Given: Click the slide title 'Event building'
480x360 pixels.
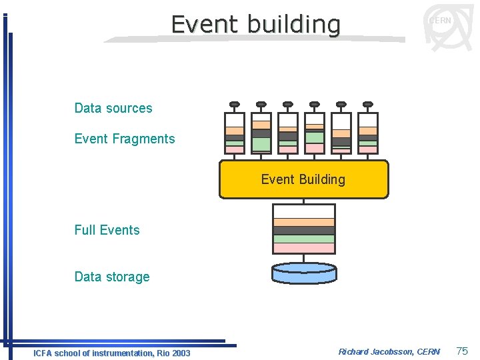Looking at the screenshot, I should (255, 24).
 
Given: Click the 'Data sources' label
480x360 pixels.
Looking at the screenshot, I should (113, 108).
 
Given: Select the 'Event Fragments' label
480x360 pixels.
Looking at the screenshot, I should (125, 139).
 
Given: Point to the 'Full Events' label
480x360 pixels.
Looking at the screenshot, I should (107, 230).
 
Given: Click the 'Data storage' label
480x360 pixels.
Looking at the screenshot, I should (112, 277).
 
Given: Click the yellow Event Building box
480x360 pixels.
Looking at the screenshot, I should (303, 179).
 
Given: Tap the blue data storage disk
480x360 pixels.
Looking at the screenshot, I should (304, 273).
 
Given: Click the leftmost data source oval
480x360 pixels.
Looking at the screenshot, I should (234, 104).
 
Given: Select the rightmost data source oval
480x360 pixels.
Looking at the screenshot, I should (367, 104).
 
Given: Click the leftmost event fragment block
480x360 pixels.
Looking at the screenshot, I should (234, 133).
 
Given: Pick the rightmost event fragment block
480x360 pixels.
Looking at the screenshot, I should (367, 133).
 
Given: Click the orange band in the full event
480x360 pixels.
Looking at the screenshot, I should (304, 223).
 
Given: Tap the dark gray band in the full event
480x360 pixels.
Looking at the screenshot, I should (304, 231).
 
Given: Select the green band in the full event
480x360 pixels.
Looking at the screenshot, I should (304, 239).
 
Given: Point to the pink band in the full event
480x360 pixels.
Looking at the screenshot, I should (304, 248).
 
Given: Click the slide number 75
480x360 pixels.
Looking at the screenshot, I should (461, 351).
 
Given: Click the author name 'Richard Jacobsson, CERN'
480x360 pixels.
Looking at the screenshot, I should (389, 351).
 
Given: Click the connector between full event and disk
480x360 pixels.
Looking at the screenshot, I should (304, 258).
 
